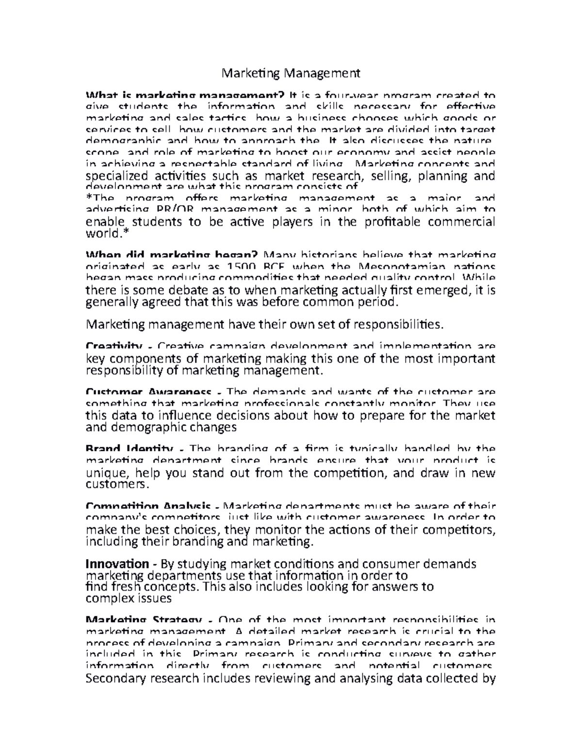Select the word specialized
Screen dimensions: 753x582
pos(115,176)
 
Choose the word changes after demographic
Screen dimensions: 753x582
pos(215,427)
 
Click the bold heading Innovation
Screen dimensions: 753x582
pos(117,564)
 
